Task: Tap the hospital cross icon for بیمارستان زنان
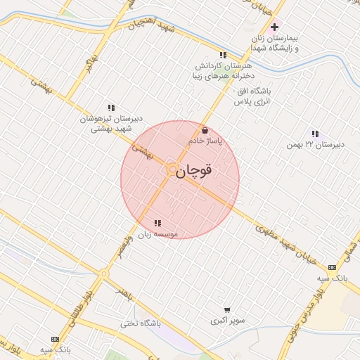[x=275, y=27]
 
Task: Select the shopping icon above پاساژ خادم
[x=205, y=130]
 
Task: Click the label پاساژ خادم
[x=205, y=141]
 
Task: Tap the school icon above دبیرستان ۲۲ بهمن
[x=315, y=134]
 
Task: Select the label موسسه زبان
[x=157, y=233]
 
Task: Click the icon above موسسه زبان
[x=156, y=223]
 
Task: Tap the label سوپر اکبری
[x=227, y=321]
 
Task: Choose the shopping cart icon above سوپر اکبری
[x=226, y=309]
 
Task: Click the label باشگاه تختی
[x=160, y=323]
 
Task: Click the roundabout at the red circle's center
[x=172, y=169]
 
